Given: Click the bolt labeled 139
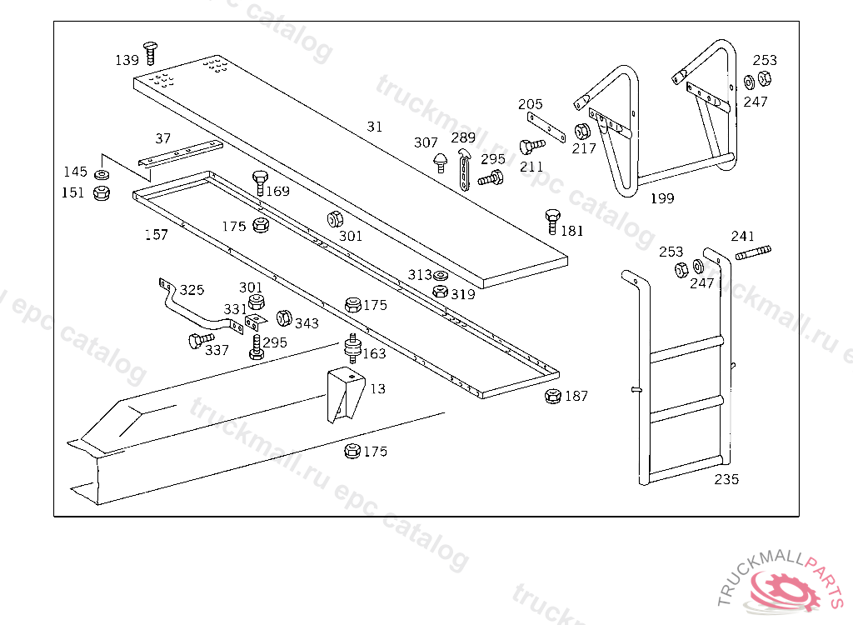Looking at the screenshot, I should tap(150, 51).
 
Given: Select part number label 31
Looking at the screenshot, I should tap(375, 127).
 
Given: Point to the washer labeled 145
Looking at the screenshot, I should tap(102, 175).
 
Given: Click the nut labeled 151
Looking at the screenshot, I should tap(102, 193).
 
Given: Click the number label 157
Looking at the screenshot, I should tap(156, 235).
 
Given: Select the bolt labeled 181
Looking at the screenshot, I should tap(551, 222).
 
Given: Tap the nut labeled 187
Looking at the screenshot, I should tap(551, 396).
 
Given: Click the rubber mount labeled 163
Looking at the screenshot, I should tap(353, 348).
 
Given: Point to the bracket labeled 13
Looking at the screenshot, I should tap(345, 395).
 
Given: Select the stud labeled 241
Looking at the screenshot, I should tap(752, 251).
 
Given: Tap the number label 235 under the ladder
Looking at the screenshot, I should tap(726, 479).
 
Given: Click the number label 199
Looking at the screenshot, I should tap(662, 198).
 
